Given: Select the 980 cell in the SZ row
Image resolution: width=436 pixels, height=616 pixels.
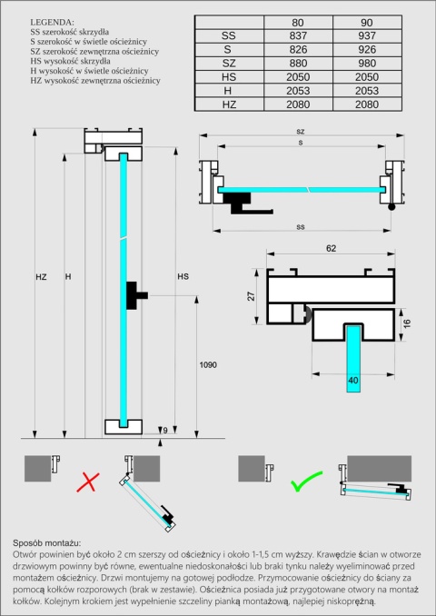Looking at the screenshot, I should coord(368,64).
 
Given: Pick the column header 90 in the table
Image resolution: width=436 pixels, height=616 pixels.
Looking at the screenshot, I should coord(368,22).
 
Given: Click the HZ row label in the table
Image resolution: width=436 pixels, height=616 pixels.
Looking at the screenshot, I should coord(229,105).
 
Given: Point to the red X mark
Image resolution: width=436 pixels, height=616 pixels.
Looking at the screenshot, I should coord(87,482).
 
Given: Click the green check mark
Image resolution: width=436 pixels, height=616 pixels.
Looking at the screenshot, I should coord(302,482).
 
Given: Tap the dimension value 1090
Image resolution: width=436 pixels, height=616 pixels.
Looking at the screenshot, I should coord(208,364).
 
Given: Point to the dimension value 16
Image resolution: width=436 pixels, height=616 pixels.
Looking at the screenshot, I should coord(408,323).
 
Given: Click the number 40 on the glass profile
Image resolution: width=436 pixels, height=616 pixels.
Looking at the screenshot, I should coord(352,380).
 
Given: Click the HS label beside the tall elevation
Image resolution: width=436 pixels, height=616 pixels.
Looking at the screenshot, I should coord(183,276).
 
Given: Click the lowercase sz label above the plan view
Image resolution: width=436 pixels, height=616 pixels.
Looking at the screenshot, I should coord(300,132).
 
